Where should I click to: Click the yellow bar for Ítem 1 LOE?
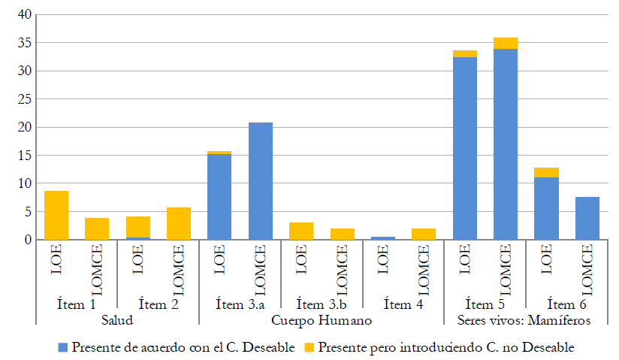click(x=56, y=215)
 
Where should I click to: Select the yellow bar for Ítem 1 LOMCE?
click(x=97, y=228)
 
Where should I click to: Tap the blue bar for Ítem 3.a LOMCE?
click(x=261, y=181)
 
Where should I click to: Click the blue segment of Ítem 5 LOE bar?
click(x=465, y=148)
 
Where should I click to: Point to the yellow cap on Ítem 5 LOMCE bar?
click(x=506, y=43)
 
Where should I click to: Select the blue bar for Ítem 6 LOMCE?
click(x=587, y=218)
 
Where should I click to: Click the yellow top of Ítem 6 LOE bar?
click(x=547, y=172)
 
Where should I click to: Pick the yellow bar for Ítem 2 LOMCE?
click(x=179, y=223)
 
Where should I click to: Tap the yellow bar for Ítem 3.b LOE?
click(x=301, y=231)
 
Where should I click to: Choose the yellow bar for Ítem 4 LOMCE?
click(x=424, y=234)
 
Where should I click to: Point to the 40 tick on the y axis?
click(x=24, y=15)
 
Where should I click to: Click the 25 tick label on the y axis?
click(x=24, y=99)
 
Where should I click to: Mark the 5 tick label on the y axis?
click(x=27, y=212)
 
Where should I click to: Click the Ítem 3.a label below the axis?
click(x=240, y=304)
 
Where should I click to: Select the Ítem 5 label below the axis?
click(x=485, y=304)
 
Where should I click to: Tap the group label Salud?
click(x=117, y=320)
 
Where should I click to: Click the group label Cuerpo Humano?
click(x=322, y=320)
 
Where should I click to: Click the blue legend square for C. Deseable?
click(x=63, y=348)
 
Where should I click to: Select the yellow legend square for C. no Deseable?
click(x=309, y=348)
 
